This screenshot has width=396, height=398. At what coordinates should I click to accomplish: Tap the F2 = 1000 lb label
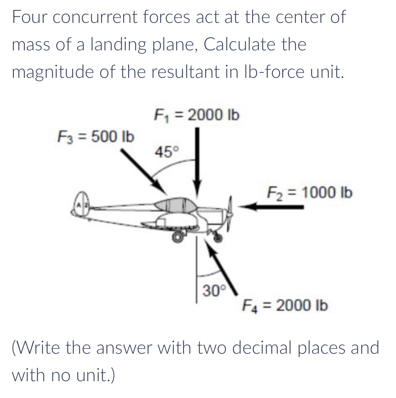309,192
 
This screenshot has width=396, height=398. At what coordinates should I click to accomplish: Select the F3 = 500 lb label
95,137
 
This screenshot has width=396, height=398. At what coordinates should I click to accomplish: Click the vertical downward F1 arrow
197,160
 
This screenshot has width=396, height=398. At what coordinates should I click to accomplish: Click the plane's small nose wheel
218,238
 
